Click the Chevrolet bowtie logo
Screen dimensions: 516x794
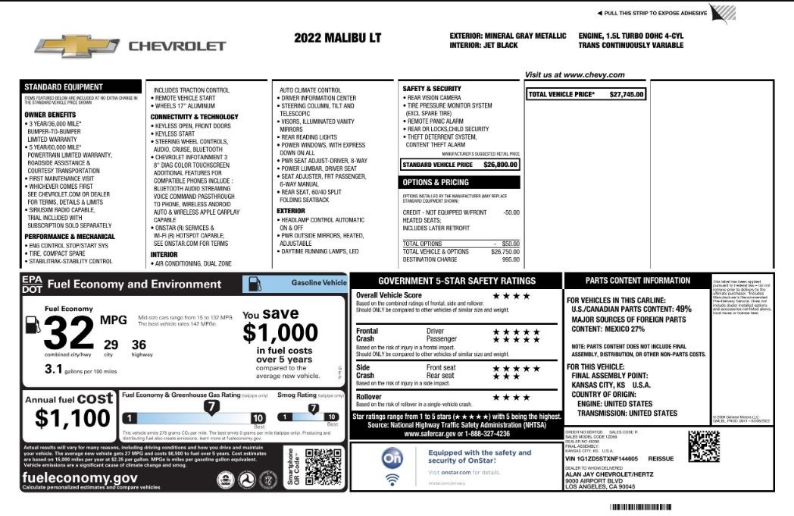tap(77, 46)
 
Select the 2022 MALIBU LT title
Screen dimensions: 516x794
tap(337, 38)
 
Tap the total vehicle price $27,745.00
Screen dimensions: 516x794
tap(627, 94)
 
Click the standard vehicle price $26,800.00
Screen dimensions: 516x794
tap(500, 164)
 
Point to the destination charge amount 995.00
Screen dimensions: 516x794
tap(511, 260)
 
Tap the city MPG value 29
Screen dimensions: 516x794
tap(111, 345)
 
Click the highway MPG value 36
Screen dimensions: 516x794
tap(139, 345)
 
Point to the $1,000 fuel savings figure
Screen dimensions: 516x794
tap(280, 332)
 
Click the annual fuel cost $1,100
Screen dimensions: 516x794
tap(73, 418)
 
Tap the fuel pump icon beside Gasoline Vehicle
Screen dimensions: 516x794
tap(256, 284)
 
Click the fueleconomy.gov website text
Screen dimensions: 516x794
tap(80, 477)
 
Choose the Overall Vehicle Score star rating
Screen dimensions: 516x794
tap(512, 295)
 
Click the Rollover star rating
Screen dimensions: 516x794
tap(512, 397)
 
